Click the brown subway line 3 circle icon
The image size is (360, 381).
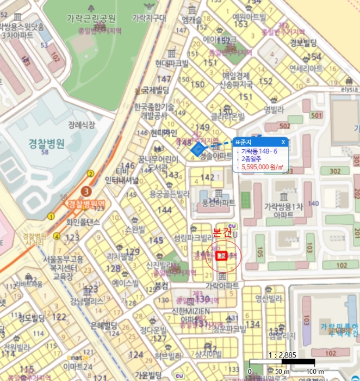coord(85,191)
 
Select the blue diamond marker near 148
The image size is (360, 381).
coord(197,149)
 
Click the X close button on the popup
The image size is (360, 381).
coord(283,142)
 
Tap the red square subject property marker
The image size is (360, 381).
coord(221,255)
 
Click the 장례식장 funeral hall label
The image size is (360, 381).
coord(82,125)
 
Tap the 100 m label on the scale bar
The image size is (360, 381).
coord(315,371)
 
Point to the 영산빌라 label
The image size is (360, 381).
coord(270,299)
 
